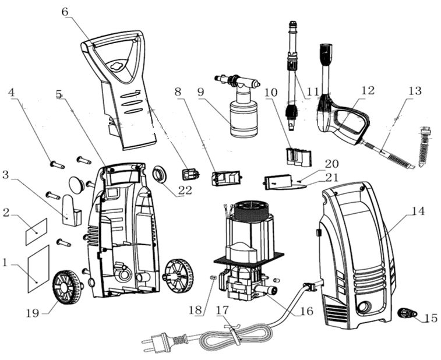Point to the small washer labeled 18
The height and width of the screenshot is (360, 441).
pyautogui.click(x=213, y=278)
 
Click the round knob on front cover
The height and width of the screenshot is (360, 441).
pyautogui.click(x=364, y=306)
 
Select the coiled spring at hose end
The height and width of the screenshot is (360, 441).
pyautogui.click(x=424, y=149)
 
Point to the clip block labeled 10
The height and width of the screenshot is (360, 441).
pyautogui.click(x=299, y=156)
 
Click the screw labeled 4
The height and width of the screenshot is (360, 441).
pyautogui.click(x=57, y=165)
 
